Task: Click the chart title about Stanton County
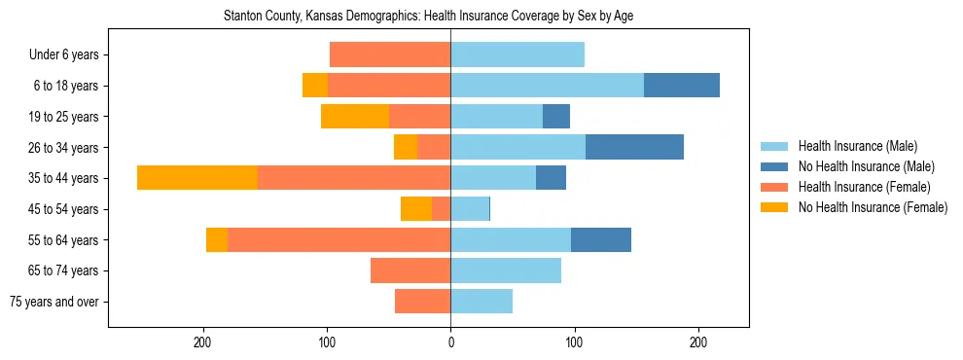pos(428,17)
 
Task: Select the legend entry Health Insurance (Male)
pos(857,146)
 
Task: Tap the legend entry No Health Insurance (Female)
pos(873,207)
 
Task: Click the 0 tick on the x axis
pos(450,342)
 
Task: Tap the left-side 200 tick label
pos(203,342)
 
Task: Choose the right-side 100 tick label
pos(574,342)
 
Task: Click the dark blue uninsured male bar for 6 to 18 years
pos(682,86)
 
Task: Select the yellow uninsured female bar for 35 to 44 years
pos(197,178)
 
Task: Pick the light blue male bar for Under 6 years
pos(517,54)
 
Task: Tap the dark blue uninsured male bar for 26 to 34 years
pos(634,147)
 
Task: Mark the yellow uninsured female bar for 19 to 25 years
pos(355,117)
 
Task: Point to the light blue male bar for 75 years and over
pos(481,302)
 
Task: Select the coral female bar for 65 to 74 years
pos(410,270)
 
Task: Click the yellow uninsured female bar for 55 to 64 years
pos(217,240)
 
